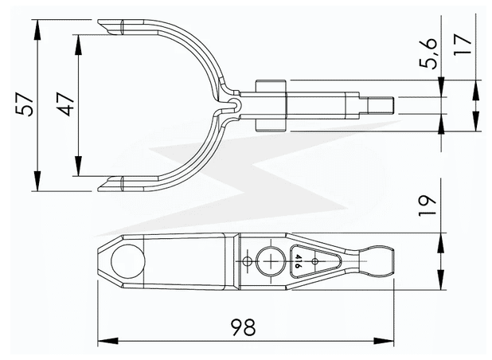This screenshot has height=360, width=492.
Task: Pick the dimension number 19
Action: click(431, 206)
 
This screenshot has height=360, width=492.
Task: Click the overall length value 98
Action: click(245, 327)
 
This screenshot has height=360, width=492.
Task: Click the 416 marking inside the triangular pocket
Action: click(298, 260)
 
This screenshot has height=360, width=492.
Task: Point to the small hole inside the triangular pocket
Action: click(315, 260)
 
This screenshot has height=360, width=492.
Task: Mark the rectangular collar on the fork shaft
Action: click(270, 104)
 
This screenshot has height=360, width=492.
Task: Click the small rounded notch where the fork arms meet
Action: click(233, 104)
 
